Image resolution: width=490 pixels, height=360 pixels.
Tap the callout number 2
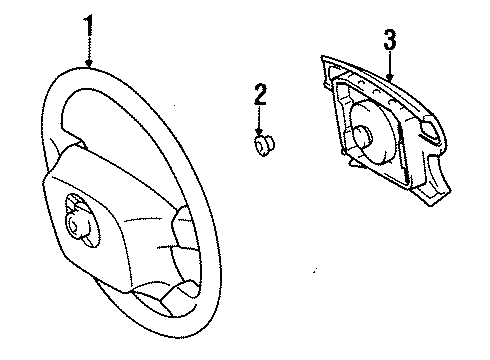(261, 96)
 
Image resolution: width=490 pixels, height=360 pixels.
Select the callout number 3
(390, 40)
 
